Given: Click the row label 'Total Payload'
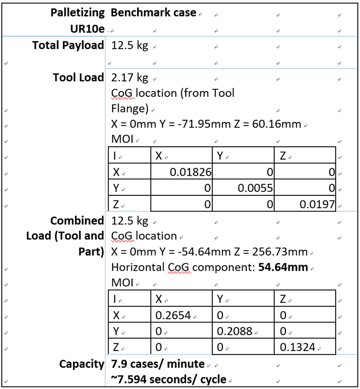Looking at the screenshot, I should coord(68,46).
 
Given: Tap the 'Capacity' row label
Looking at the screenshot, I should coord(82,364).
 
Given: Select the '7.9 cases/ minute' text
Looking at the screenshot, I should coord(158,364).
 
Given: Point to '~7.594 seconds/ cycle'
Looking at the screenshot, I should coord(169,379).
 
